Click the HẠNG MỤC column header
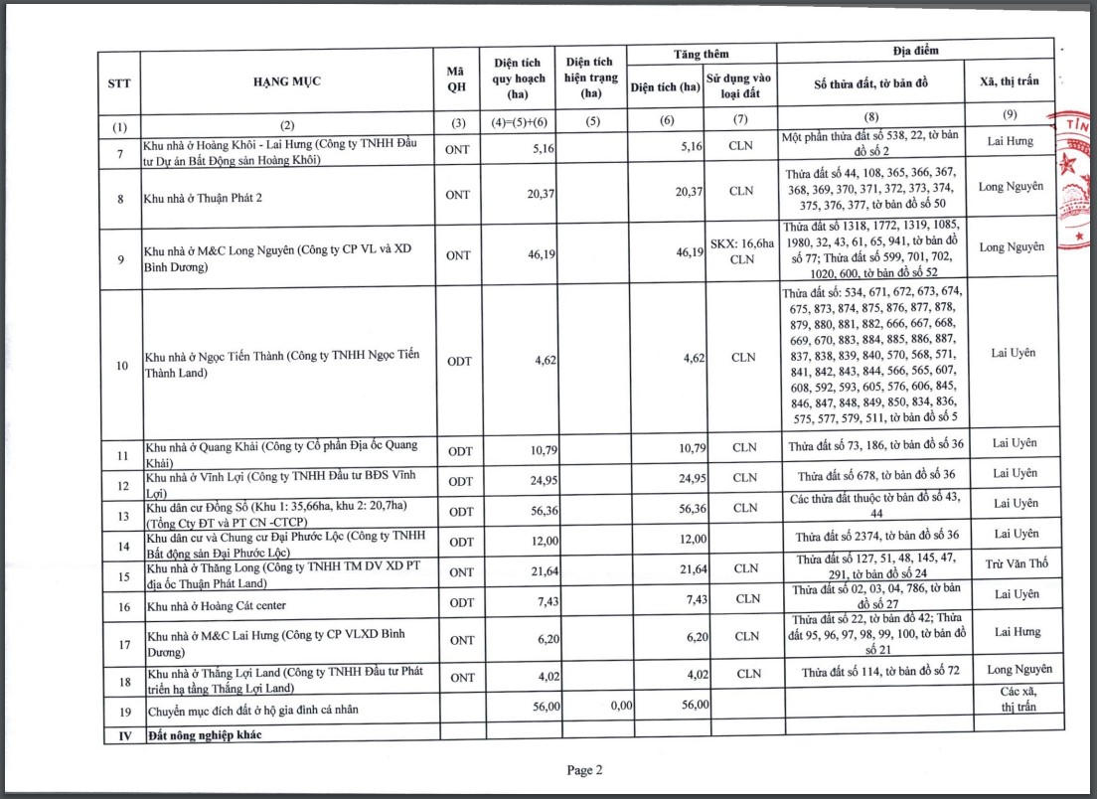(286, 81)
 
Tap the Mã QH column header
(457, 81)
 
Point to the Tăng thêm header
(702, 55)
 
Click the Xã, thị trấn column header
(1009, 81)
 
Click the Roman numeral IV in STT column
(121, 735)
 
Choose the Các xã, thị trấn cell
(1010, 699)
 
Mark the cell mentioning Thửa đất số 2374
(871, 535)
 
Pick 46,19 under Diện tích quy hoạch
(541, 255)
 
